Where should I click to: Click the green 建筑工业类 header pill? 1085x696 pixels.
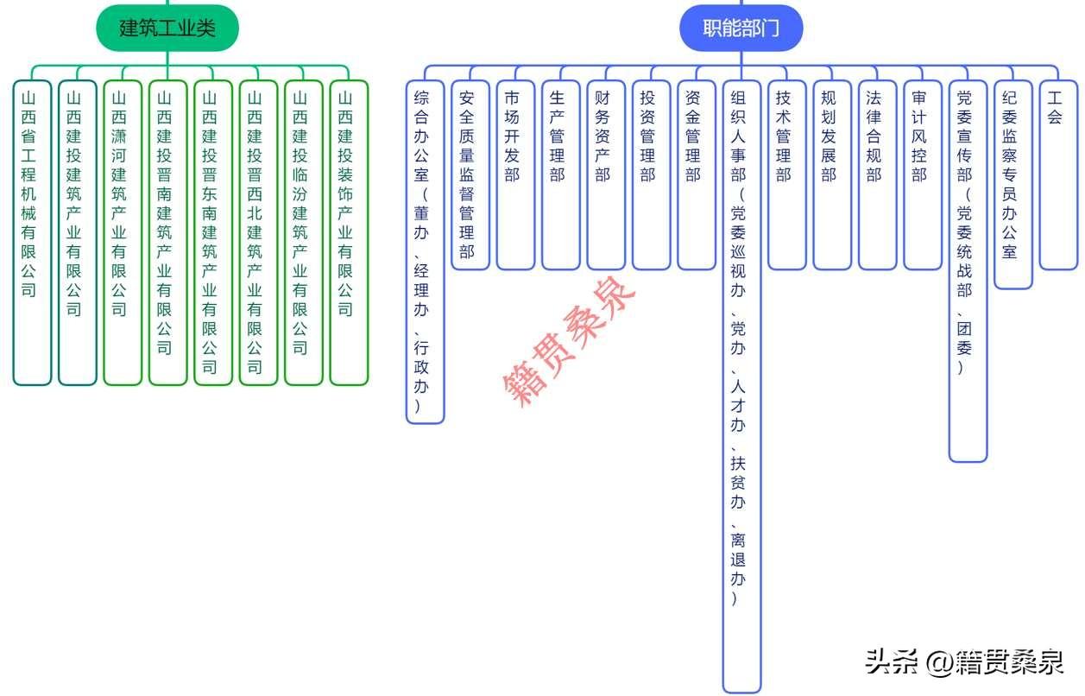[167, 28]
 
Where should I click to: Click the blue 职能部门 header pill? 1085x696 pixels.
[741, 28]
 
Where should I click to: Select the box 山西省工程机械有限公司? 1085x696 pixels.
[33, 232]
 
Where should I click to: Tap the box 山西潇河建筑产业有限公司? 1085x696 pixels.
[123, 232]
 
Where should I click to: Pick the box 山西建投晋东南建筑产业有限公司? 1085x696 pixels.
[213, 232]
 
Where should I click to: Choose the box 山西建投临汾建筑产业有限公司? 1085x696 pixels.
[304, 232]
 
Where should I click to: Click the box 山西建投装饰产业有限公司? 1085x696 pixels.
[349, 232]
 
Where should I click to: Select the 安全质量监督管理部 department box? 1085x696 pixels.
[470, 175]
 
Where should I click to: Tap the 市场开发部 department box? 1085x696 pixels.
[515, 175]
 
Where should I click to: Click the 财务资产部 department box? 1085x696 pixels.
[606, 175]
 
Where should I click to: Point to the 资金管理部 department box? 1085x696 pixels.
[697, 175]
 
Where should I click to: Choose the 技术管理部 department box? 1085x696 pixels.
[787, 175]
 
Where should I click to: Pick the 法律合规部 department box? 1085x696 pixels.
[877, 175]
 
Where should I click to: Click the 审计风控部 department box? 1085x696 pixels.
[923, 175]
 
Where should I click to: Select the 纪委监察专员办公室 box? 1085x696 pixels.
[1013, 185]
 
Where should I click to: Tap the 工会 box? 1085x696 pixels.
[1058, 175]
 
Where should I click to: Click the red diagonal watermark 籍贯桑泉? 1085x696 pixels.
[568, 342]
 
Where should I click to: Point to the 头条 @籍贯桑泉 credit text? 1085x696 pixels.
[964, 661]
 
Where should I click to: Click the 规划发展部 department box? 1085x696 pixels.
[832, 175]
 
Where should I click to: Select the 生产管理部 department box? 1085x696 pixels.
[561, 175]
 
